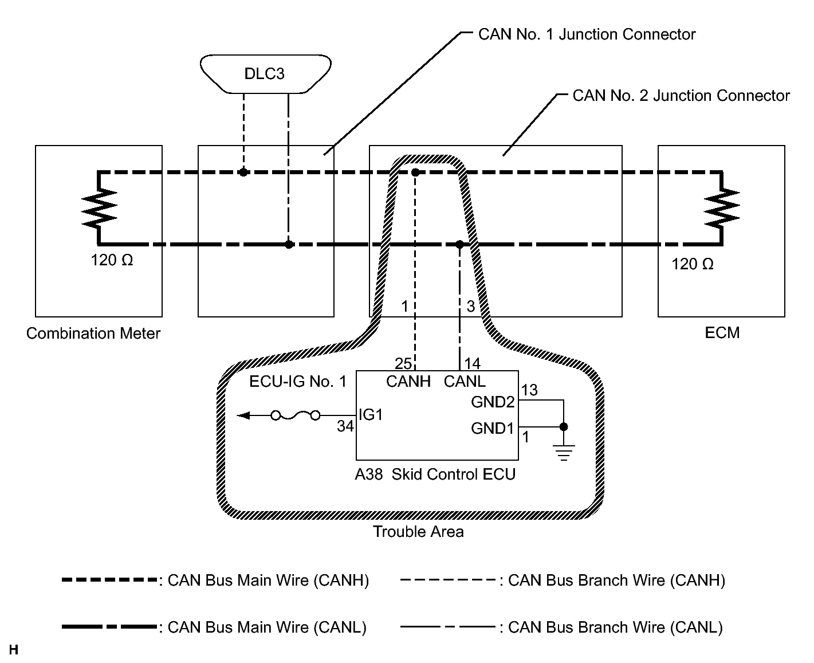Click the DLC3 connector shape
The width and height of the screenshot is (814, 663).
coord(265,73)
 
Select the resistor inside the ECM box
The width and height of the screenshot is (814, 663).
coord(722,208)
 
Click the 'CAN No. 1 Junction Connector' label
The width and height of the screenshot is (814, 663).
coord(587,34)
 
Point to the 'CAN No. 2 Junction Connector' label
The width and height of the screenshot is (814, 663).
coord(681,96)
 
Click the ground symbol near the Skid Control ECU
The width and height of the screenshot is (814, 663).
coord(564,452)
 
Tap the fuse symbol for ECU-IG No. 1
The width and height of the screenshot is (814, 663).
coord(295,415)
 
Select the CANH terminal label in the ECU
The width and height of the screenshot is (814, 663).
coord(408,381)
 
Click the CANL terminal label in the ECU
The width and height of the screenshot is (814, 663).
coord(465,381)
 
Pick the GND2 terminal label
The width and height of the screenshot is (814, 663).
coord(493,402)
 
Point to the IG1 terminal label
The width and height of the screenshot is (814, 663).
coord(370,415)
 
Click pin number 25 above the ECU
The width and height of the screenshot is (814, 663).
coord(403,363)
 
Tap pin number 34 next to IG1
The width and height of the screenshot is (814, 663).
coord(345,426)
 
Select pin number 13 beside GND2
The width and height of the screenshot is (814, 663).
coord(530,390)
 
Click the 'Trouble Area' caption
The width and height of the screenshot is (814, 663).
coord(418,532)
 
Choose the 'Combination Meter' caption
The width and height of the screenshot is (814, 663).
coord(93,334)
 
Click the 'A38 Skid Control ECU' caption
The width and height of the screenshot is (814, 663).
coord(435,474)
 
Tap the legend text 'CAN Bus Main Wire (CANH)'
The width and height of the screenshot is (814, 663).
coord(268,580)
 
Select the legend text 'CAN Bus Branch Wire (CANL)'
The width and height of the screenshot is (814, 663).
coord(615,627)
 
